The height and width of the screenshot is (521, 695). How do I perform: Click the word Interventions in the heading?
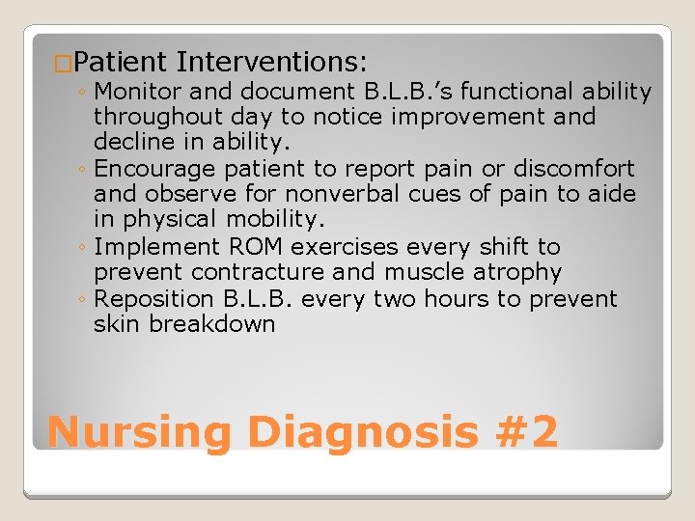[x=271, y=63]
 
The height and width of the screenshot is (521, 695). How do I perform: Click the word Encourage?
[x=155, y=169]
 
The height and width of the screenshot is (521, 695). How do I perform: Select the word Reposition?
[x=156, y=299]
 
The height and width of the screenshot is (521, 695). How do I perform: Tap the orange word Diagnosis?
[x=363, y=431]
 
